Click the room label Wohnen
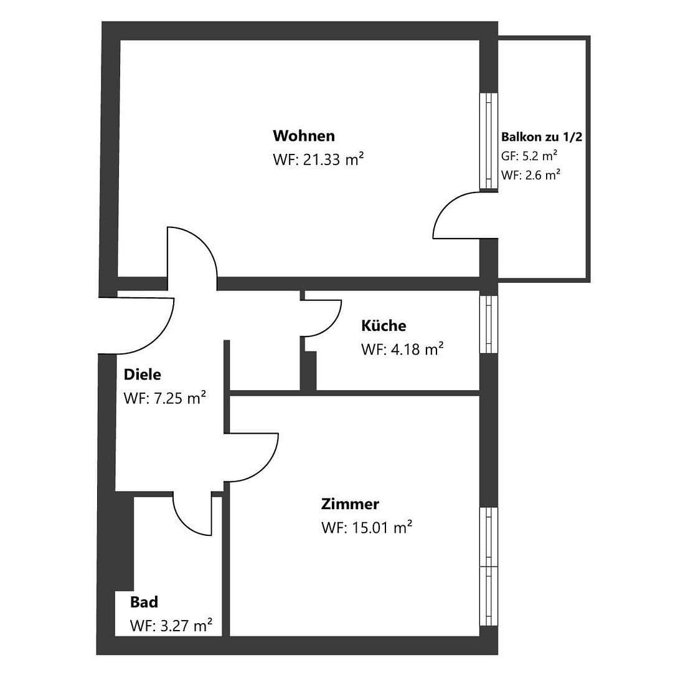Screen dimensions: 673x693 click(303, 136)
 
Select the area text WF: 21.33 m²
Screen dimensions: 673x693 click(318, 160)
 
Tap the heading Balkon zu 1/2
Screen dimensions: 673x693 click(541, 137)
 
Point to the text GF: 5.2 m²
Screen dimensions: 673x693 click(529, 156)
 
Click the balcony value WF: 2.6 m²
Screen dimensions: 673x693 click(530, 175)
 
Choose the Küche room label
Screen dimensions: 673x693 click(384, 326)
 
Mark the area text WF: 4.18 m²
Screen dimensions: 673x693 click(402, 350)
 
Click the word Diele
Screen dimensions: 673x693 click(142, 375)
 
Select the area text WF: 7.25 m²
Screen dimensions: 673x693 click(165, 398)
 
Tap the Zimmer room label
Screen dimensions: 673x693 click(350, 504)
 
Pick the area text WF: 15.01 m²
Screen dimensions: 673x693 click(367, 528)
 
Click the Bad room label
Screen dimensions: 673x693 click(144, 602)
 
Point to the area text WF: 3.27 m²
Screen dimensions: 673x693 click(171, 625)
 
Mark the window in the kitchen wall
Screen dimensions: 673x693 click(489, 324)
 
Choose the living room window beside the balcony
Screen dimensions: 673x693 click(489, 141)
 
